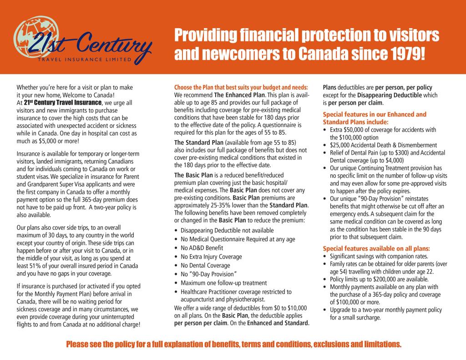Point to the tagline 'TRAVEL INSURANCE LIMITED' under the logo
pyautogui.click(x=84, y=60)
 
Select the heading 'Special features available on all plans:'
pyautogui.click(x=376, y=248)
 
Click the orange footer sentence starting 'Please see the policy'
pyautogui.click(x=233, y=345)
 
